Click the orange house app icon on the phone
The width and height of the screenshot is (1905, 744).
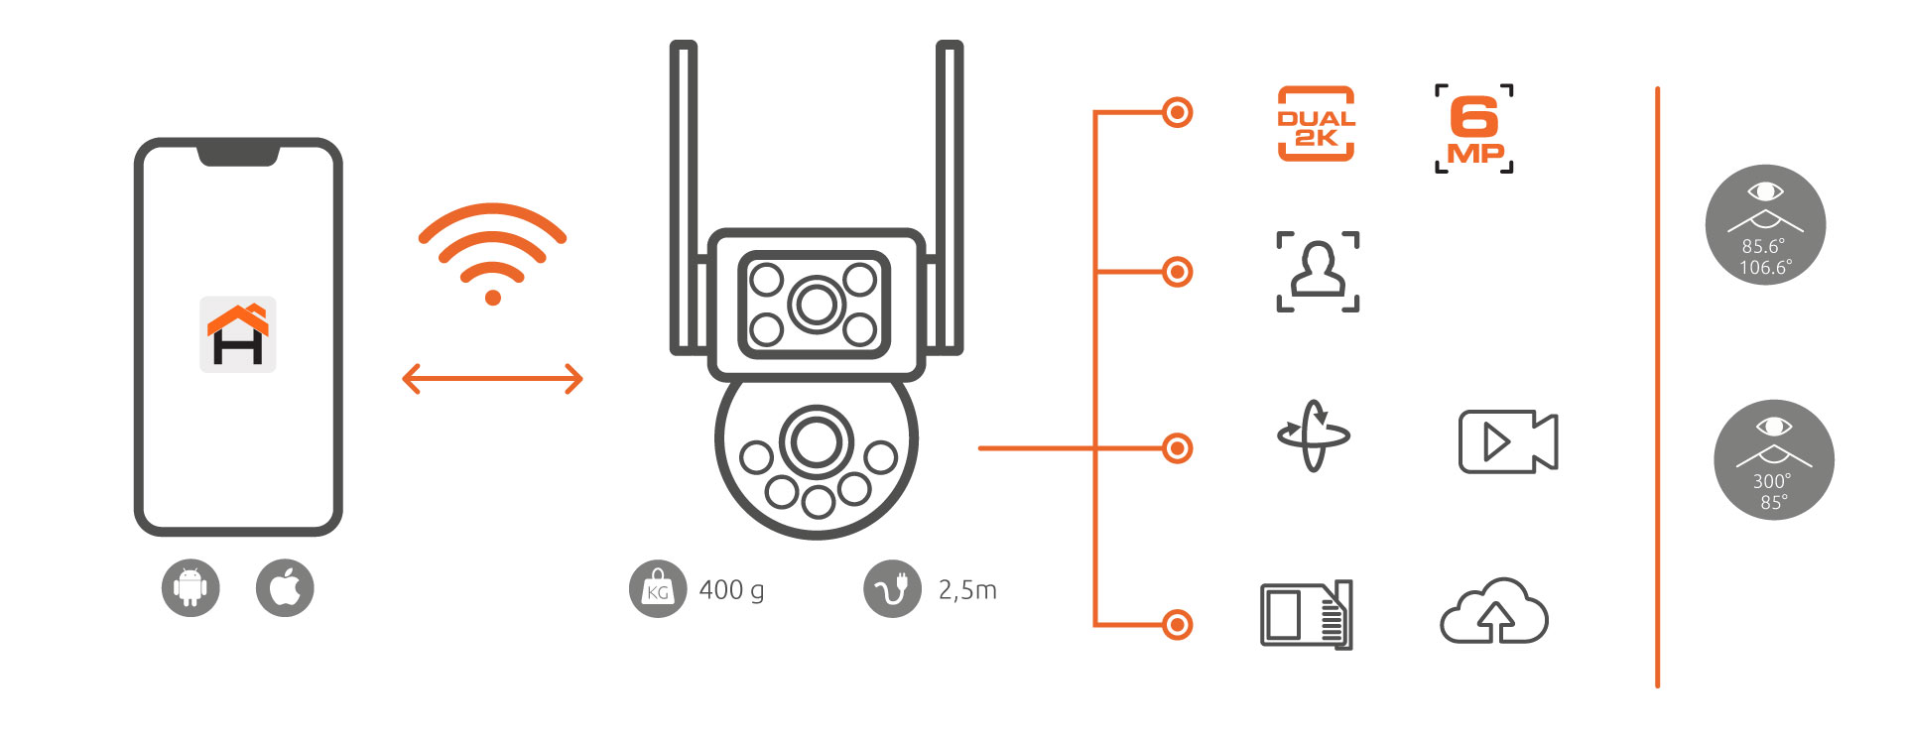[238, 334]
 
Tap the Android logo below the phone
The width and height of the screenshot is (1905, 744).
[190, 588]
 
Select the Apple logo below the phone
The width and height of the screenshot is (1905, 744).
[285, 588]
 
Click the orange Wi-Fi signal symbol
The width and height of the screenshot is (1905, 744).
[492, 253]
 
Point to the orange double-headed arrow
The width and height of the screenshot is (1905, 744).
[492, 378]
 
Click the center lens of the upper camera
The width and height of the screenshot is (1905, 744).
[816, 305]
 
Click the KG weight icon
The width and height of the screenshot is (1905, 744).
[657, 589]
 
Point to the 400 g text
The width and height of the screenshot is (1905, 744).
[731, 590]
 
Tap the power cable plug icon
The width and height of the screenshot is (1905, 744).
[892, 589]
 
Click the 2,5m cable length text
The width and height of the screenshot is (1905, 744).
[967, 590]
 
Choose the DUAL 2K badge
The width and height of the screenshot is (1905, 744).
[1316, 124]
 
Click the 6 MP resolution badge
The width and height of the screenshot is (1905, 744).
[1474, 129]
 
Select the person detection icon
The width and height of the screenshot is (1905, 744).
[1318, 272]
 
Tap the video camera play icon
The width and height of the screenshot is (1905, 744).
[1508, 441]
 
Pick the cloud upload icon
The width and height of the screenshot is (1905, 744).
[1493, 613]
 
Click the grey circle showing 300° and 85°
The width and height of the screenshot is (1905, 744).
[1773, 460]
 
